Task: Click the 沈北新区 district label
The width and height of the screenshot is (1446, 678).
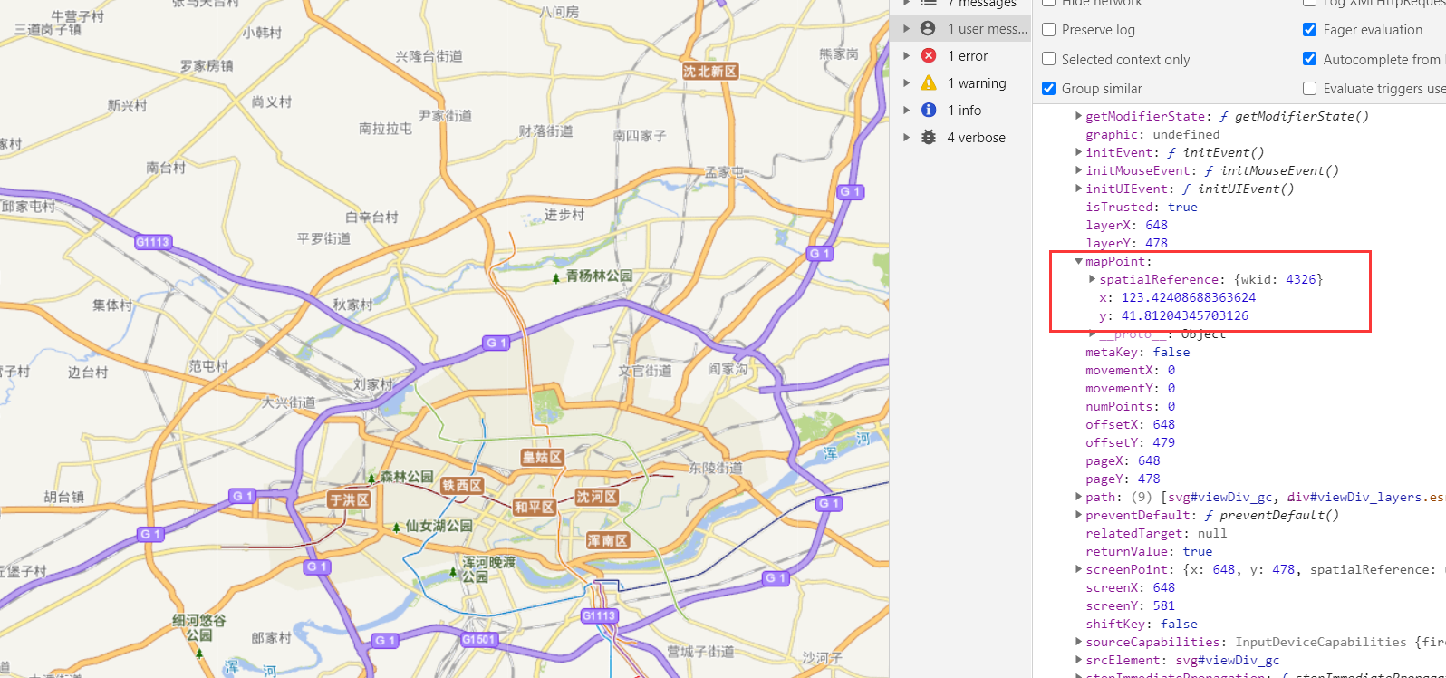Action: pyautogui.click(x=710, y=72)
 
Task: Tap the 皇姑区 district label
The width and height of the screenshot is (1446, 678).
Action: pyautogui.click(x=542, y=458)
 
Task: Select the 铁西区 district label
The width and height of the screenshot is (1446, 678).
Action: pyautogui.click(x=462, y=486)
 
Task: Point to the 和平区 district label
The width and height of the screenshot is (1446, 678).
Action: pyautogui.click(x=534, y=508)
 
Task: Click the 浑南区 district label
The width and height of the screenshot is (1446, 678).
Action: pyautogui.click(x=608, y=540)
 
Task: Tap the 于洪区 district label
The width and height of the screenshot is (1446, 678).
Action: pyautogui.click(x=349, y=499)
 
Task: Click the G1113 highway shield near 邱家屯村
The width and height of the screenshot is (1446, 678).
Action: pyautogui.click(x=152, y=242)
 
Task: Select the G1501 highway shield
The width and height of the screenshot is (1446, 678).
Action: pyautogui.click(x=478, y=639)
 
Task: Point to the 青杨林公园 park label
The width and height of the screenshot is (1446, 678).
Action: pyautogui.click(x=599, y=276)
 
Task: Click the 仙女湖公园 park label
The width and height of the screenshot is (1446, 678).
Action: pyautogui.click(x=439, y=526)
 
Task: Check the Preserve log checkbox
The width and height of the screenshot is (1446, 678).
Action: pyautogui.click(x=1049, y=30)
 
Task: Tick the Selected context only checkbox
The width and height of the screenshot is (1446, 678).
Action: pyautogui.click(x=1049, y=59)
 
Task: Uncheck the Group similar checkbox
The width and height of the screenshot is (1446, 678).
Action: pyautogui.click(x=1049, y=88)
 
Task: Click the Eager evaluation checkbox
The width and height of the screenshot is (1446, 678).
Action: pyautogui.click(x=1309, y=30)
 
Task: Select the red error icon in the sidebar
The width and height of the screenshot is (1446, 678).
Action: pyautogui.click(x=929, y=55)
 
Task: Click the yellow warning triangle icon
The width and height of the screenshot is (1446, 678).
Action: pyautogui.click(x=929, y=83)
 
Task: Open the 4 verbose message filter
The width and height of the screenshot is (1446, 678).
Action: pyautogui.click(x=976, y=138)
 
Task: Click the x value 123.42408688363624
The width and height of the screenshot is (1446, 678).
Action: pyautogui.click(x=1188, y=297)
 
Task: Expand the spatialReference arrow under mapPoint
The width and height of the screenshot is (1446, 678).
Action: pyautogui.click(x=1092, y=279)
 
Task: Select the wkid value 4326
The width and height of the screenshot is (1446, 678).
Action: pyautogui.click(x=1300, y=279)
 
